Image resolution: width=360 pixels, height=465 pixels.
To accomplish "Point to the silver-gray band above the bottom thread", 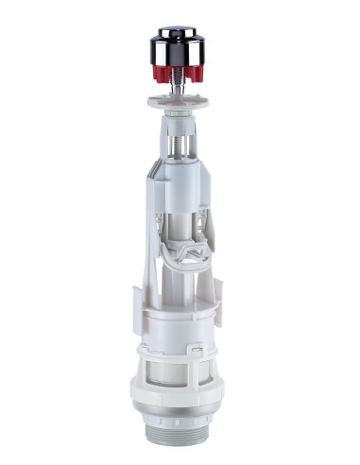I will [x=180, y=431].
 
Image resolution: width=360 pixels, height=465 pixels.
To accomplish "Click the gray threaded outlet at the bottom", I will [x=180, y=446].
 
